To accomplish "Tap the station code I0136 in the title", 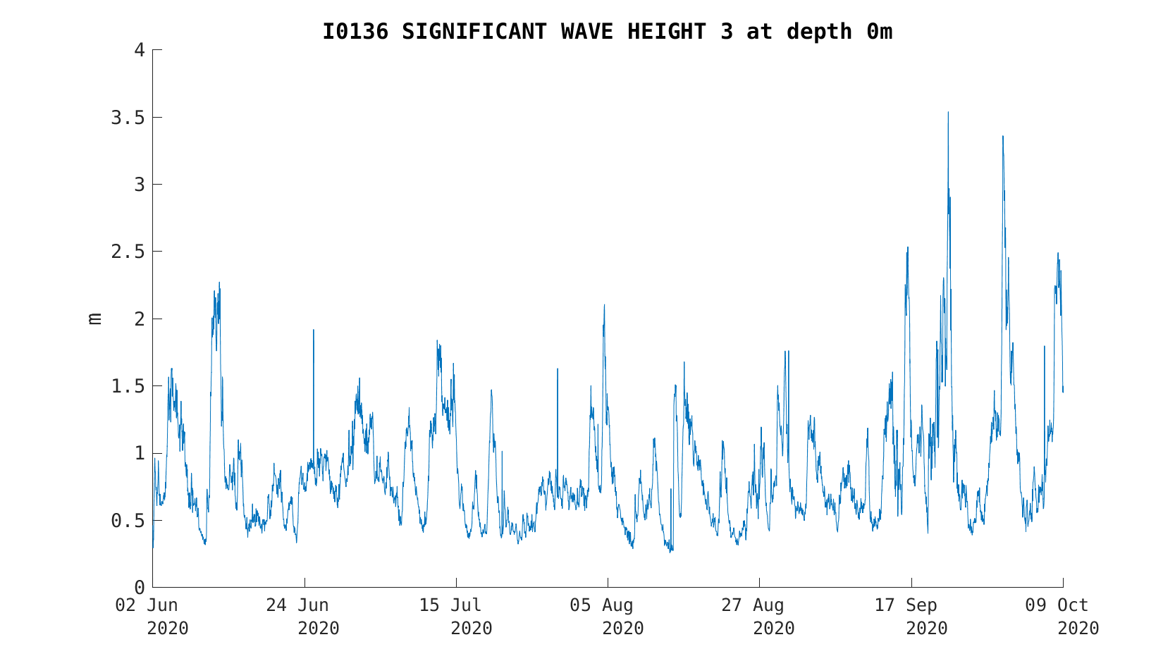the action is coord(355,32).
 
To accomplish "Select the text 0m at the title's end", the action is coord(879,32).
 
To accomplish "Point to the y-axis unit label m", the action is coord(94,319).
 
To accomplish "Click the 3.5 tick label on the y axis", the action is coord(128,118).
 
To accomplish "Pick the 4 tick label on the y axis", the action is coord(140,50).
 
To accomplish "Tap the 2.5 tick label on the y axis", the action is coord(128,252).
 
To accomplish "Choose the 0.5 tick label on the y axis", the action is coord(128,520).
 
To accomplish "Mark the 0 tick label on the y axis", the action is coord(140,588).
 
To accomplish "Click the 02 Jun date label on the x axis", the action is coord(147,605).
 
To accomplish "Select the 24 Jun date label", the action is coord(297,605).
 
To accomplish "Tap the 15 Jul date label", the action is coord(450,605).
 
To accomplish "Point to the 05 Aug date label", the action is coord(601,605).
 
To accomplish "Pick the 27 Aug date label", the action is coord(752,605).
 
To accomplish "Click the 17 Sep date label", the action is coord(905,605).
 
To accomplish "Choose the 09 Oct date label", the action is coord(1057,605).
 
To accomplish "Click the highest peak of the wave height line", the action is coord(948,112).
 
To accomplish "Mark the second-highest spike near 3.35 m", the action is coord(1003,137).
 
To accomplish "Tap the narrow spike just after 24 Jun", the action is coord(314,330).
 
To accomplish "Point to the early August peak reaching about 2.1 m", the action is coord(604,305).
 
